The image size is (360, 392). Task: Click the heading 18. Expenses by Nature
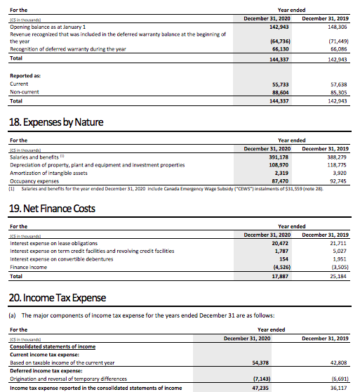point(57,122)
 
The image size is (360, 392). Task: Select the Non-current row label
point(25,92)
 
